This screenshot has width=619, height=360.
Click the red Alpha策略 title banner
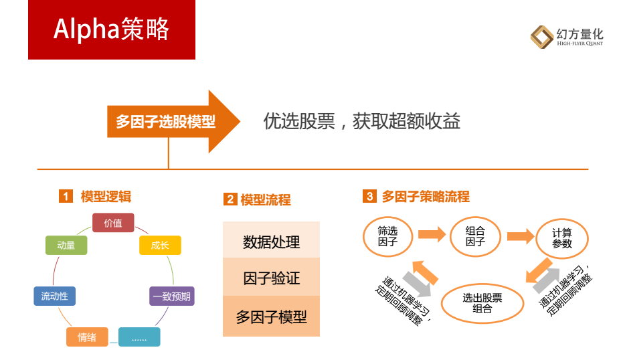(x=112, y=29)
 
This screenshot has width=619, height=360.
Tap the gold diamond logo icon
(x=541, y=37)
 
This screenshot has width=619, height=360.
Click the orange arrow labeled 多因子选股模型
(x=174, y=121)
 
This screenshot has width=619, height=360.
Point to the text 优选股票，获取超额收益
(x=361, y=121)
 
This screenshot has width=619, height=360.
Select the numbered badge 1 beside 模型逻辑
(x=66, y=196)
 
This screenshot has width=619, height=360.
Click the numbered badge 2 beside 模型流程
(x=230, y=199)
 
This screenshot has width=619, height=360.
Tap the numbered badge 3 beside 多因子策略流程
(x=369, y=196)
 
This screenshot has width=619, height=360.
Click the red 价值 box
(x=113, y=223)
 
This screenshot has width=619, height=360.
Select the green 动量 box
(x=66, y=245)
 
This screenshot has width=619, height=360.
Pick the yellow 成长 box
(x=161, y=245)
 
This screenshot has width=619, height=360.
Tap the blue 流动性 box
(x=54, y=296)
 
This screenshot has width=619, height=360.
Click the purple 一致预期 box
(x=172, y=296)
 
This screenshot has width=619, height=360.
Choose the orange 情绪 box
(x=87, y=337)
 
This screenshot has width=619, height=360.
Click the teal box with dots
(x=139, y=337)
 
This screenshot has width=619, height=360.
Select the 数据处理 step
(x=271, y=240)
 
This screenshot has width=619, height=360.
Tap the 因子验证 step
(x=271, y=277)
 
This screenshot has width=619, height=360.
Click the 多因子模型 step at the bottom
(x=271, y=317)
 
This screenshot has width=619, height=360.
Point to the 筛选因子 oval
(x=387, y=236)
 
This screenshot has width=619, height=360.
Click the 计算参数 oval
(x=562, y=238)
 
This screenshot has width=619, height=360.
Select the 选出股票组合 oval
(x=482, y=303)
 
